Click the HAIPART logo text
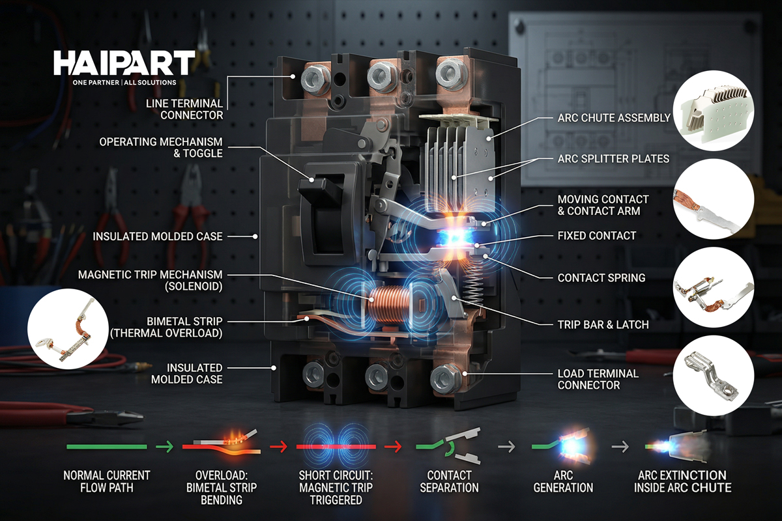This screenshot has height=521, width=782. [x=124, y=64]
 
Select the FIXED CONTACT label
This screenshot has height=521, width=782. [x=597, y=236]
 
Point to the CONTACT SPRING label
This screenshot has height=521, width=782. [x=601, y=277]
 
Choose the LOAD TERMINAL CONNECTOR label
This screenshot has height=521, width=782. [x=598, y=379]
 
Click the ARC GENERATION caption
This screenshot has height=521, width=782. [x=563, y=481]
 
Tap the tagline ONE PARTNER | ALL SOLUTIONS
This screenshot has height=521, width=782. [x=124, y=83]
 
